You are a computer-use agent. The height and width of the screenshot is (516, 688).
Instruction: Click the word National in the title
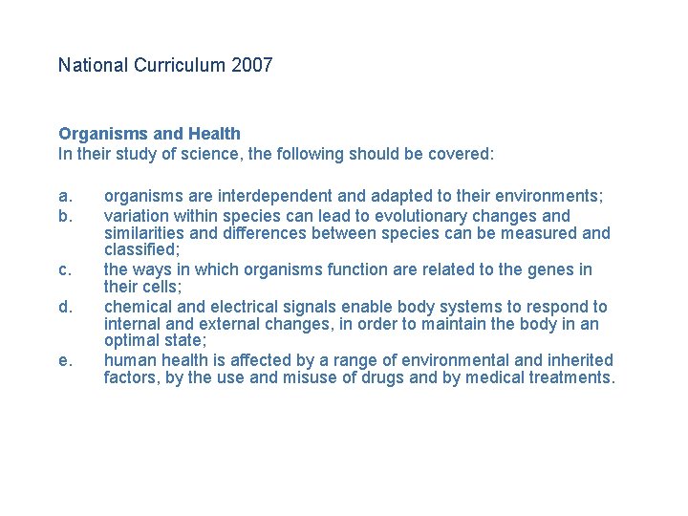coord(93,66)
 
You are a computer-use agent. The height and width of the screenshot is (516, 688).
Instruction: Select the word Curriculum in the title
coord(179,66)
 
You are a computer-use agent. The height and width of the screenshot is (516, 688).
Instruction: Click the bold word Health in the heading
coord(216,134)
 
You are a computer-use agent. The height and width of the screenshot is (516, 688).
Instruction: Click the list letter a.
coord(65,197)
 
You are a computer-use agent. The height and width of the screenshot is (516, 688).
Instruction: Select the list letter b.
coord(65,215)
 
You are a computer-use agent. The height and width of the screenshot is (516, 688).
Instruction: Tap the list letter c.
coord(65,270)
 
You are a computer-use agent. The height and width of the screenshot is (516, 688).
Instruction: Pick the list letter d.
coord(65,307)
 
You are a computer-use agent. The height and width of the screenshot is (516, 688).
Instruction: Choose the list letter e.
coord(65,360)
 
